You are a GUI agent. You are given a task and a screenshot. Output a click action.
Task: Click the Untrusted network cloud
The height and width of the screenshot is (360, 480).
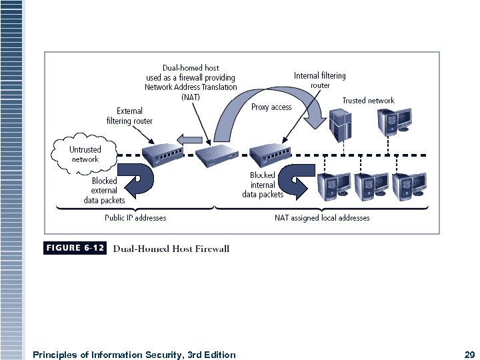pyautogui.click(x=84, y=154)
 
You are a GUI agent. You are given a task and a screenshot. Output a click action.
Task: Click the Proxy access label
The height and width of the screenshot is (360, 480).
pyautogui.click(x=271, y=107)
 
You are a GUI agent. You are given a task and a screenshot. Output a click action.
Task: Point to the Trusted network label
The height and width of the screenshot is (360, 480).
pyautogui.click(x=368, y=101)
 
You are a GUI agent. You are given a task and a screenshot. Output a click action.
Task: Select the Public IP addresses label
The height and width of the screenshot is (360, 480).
pyautogui.click(x=135, y=217)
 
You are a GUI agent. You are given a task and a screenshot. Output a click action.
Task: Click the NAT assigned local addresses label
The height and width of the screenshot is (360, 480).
pyautogui.click(x=322, y=217)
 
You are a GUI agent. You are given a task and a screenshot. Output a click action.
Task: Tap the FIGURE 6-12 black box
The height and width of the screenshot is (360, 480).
pyautogui.click(x=75, y=248)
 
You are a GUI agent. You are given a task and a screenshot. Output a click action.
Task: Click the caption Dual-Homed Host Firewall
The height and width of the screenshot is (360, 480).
pyautogui.click(x=171, y=249)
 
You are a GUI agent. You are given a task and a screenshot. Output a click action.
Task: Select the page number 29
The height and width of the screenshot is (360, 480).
pyautogui.click(x=469, y=355)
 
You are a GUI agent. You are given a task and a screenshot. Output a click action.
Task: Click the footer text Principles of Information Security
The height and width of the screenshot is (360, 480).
pyautogui.click(x=133, y=355)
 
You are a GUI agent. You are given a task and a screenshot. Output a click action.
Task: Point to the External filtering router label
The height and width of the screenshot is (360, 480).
pyautogui.click(x=129, y=116)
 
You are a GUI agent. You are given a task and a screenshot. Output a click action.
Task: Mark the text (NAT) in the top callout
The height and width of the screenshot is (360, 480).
pyautogui.click(x=190, y=97)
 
